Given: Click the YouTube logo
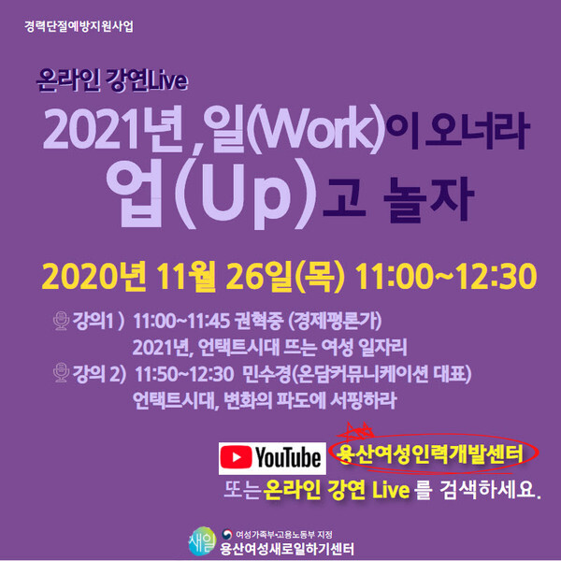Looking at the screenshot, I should click(269, 458).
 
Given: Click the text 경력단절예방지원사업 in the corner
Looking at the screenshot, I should click(79, 25).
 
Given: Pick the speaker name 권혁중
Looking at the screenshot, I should click(268, 322).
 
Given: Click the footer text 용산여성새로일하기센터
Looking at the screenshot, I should click(287, 549).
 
